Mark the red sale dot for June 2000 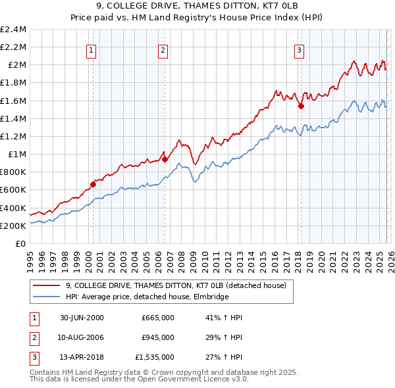click(93, 184)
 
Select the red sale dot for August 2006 click(165, 158)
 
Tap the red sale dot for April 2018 click(301, 106)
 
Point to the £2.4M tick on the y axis click(14, 30)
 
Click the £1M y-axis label click(16, 155)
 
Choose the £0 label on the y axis click(20, 243)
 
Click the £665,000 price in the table click(157, 318)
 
